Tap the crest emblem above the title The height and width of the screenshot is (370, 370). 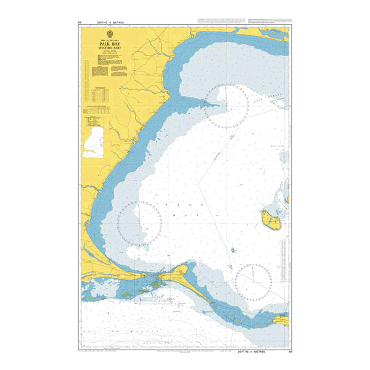[x=109, y=34]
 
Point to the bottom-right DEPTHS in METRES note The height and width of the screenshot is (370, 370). [x=264, y=350]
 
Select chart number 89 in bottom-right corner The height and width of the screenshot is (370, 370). [x=290, y=350]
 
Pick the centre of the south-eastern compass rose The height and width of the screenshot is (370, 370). [x=253, y=282]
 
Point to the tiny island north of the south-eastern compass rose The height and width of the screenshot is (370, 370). [x=234, y=250]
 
